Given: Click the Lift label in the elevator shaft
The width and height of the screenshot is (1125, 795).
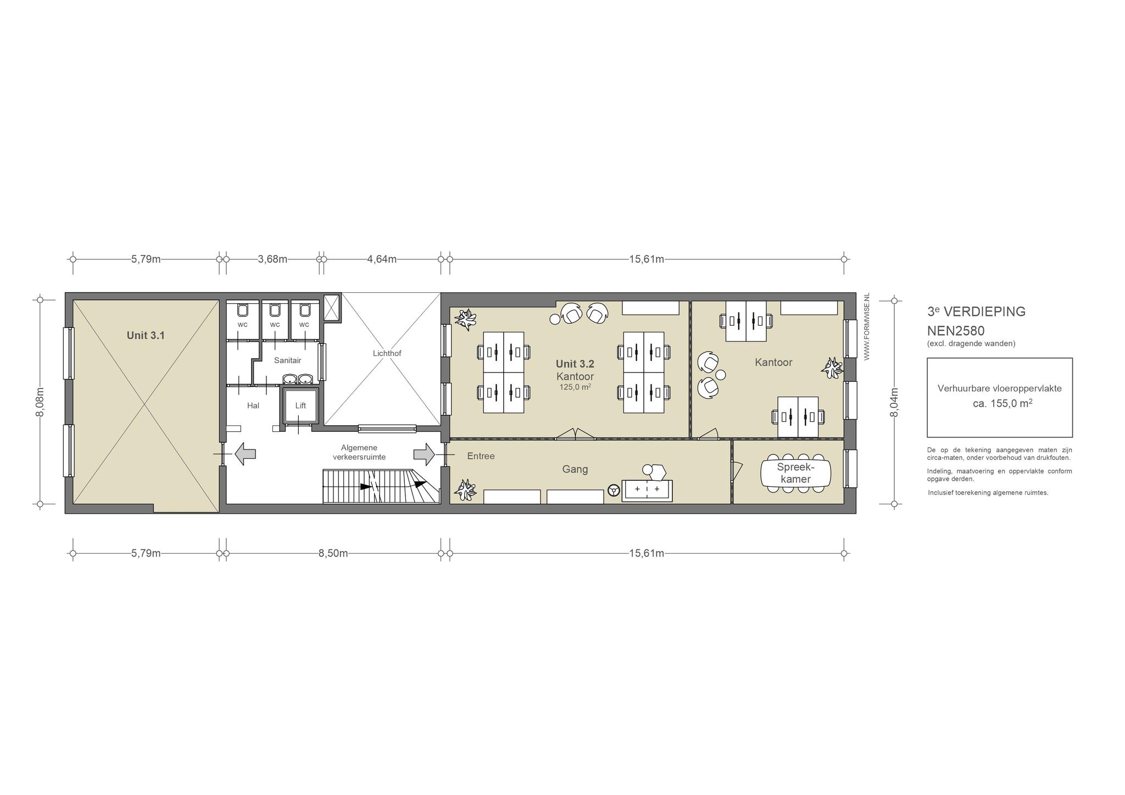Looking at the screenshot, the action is point(300,405).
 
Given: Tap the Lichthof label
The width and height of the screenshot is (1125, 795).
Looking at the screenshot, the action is point(387,353).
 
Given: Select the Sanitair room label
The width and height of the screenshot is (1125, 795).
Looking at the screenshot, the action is point(288,360).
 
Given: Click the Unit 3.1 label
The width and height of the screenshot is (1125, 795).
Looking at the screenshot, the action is point(146,335).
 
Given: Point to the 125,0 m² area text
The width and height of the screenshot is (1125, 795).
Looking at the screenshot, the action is point(575,387).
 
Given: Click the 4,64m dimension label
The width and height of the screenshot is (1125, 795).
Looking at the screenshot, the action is point(382,259).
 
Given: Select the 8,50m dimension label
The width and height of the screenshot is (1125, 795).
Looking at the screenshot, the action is point(333,553).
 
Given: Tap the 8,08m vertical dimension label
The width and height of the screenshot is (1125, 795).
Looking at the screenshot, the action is point(40,402).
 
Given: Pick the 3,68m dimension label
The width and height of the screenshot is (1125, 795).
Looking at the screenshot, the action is point(272,259).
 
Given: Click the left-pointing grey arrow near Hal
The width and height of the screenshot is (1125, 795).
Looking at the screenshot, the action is point(245,454).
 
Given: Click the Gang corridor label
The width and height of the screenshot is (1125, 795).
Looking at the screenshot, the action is point(575,469).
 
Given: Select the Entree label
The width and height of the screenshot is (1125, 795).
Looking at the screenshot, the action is point(481,456).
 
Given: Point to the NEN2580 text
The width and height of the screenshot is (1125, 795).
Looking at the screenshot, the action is point(956,331).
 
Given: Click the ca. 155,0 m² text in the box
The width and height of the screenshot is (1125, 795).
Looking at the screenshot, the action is point(999,403).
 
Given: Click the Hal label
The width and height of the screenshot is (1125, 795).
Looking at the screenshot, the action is point(253,405).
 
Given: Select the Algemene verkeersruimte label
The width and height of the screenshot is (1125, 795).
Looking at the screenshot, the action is point(359,452).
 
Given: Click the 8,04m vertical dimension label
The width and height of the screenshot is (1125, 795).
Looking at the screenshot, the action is point(894,402).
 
